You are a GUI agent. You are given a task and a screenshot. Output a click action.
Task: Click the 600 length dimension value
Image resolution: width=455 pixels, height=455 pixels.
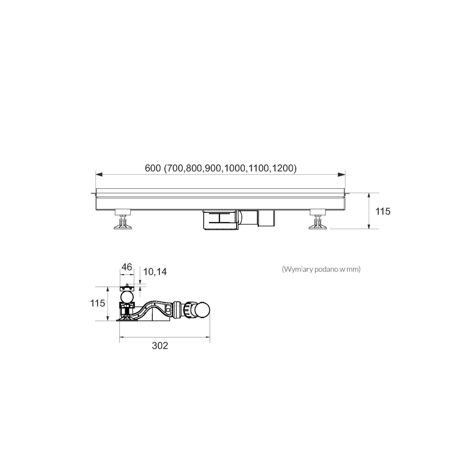(x=152, y=168)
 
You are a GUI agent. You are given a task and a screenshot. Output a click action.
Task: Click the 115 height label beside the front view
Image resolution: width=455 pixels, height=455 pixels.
(x=383, y=211)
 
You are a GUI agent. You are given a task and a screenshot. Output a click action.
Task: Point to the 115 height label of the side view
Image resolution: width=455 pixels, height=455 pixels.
(x=97, y=303)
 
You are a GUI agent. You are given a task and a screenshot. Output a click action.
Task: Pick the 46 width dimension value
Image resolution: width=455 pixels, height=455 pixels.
(x=127, y=267)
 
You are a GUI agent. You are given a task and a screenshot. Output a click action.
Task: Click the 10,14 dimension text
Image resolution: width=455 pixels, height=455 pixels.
(x=155, y=272)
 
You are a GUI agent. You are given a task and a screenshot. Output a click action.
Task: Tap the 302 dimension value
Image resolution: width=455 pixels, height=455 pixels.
(x=160, y=346)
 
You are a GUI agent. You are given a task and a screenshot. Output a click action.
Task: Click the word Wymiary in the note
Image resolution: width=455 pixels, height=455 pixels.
(x=298, y=270)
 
